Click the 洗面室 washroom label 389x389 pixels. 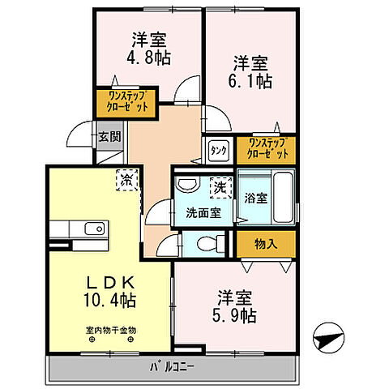(x=203, y=213)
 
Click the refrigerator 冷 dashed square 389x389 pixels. (x=127, y=178)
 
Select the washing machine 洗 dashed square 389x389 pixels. (x=220, y=186)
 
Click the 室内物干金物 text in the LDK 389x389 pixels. (x=111, y=330)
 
